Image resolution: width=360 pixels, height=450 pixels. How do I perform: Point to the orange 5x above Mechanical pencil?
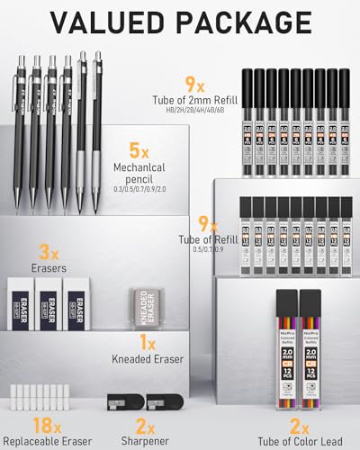(139, 150)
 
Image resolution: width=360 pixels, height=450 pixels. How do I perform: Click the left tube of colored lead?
(283, 354)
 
